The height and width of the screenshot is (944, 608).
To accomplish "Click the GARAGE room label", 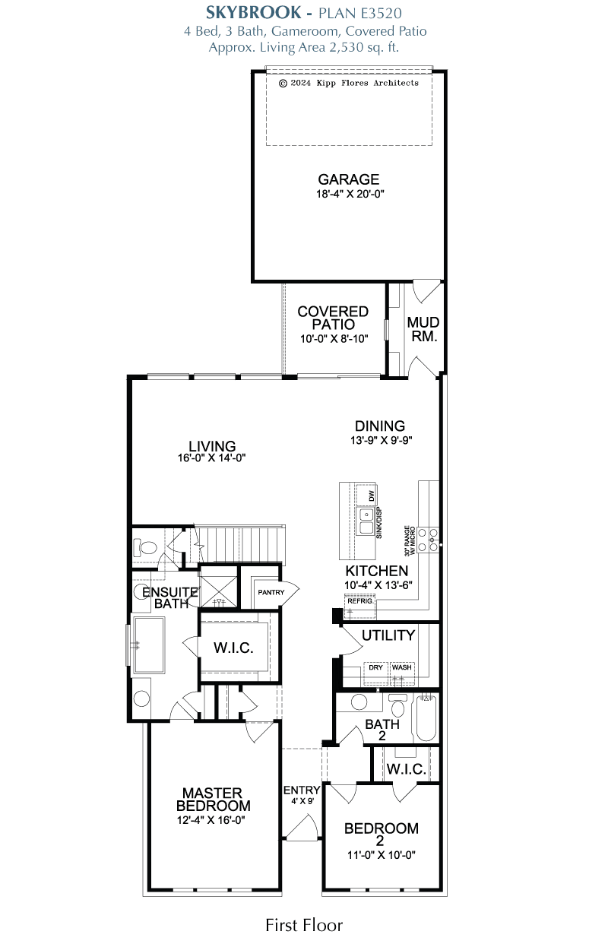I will [x=349, y=179].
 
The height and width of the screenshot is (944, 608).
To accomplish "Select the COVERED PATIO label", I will [x=333, y=318].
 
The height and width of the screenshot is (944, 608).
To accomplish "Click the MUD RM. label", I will [x=423, y=329].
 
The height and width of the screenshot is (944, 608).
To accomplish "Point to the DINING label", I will [x=380, y=426].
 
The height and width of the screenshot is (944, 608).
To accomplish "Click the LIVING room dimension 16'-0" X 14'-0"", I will [x=213, y=458].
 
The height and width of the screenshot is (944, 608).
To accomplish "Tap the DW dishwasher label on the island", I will [x=372, y=496].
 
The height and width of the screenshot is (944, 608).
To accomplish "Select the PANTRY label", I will [x=271, y=591].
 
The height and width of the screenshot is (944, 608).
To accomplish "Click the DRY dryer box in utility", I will [x=375, y=667].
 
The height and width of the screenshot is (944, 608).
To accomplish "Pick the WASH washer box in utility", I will [x=402, y=667].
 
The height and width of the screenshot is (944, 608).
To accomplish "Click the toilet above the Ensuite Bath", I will [x=145, y=546].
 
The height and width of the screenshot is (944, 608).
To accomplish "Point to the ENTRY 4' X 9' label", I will [x=302, y=795].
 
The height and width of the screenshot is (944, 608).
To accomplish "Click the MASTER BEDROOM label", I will [x=213, y=799].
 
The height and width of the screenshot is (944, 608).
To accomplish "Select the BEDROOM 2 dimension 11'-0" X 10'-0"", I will [x=381, y=855].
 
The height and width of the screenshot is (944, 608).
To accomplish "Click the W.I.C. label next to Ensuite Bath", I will [x=233, y=648].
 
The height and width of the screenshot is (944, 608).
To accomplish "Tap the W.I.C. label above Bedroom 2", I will [x=406, y=768].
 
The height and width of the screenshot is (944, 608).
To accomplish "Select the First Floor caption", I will [x=304, y=925].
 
